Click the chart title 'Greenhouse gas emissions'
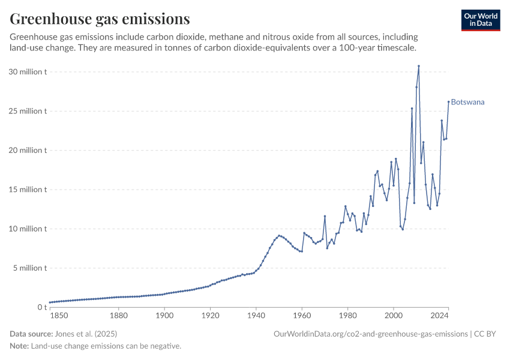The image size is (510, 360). tap(100, 19)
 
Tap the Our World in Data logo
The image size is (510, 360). tap(481, 20)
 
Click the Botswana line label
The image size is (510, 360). tap(467, 102)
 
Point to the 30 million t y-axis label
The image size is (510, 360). tap(28, 72)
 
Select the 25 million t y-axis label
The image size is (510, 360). tap(28, 111)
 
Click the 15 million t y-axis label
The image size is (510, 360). tap(28, 190)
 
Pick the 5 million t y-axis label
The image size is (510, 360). tap(30, 268)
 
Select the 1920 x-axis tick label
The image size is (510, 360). tap(210, 315)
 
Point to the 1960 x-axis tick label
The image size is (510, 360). tap(302, 315)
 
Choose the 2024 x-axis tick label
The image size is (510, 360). tap(439, 315)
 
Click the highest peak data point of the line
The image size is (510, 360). tap(419, 66)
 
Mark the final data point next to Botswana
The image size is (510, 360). tap(448, 101)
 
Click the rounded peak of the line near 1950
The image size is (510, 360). tap(279, 236)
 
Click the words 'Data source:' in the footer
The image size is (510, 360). tap(32, 334)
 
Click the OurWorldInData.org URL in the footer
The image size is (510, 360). tap(370, 334)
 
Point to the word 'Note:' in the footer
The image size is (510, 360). tap(19, 346)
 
